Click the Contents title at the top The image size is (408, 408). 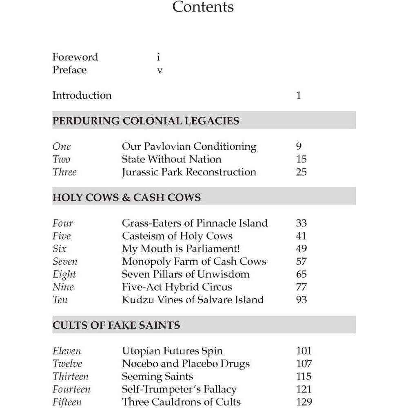[203, 7]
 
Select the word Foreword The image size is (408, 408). [75, 57]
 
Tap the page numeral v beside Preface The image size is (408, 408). [160, 70]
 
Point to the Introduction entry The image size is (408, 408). [82, 95]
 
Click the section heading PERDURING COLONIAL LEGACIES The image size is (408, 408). [146, 121]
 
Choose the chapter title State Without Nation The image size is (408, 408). [171, 159]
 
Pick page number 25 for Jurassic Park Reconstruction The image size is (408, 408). [301, 172]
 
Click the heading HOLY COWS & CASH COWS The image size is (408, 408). [126, 197]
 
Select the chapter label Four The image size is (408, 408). [62, 223]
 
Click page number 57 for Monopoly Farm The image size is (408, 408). [301, 262]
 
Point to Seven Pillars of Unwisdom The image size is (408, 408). [186, 274]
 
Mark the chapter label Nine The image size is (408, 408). [62, 287]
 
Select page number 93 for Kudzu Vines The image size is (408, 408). [301, 300]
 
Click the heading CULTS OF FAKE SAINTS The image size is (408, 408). [116, 326]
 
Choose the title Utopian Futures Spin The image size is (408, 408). [172, 351]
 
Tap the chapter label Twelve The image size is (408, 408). [67, 364]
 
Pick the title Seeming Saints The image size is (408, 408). [157, 376]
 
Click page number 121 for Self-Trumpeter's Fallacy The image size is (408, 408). [304, 389]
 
